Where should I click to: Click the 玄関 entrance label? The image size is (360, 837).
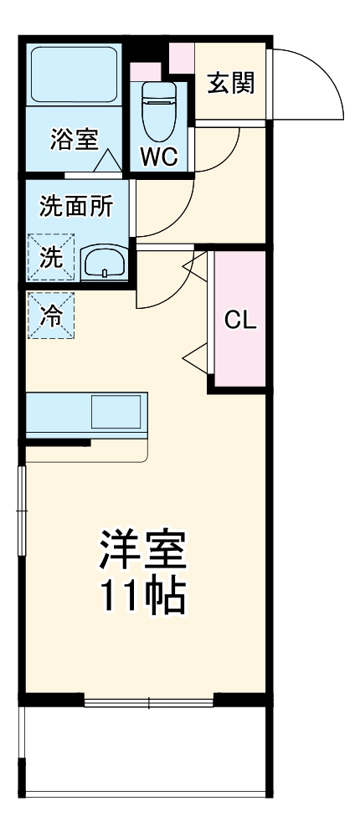(231, 84)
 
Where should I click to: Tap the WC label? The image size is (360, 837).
(158, 157)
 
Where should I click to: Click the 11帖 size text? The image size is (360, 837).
(142, 596)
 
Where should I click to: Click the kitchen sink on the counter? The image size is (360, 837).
(116, 412)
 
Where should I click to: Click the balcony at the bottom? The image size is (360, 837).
(147, 749)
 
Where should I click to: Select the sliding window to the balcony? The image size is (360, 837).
(148, 701)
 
